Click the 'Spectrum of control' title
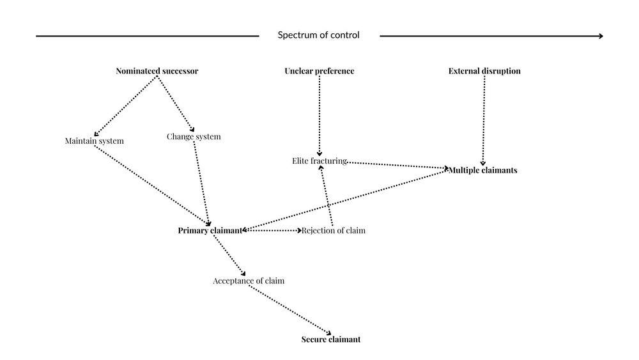click(x=318, y=35)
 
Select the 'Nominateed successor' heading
click(x=157, y=71)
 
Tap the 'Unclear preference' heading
click(x=319, y=71)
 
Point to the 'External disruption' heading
click(x=484, y=71)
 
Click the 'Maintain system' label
click(x=94, y=141)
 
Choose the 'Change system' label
click(x=194, y=136)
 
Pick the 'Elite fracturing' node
click(x=319, y=161)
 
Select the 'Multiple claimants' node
click(x=482, y=170)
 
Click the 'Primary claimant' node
click(x=210, y=230)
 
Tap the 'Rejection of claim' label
click(x=334, y=230)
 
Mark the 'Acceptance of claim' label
click(x=249, y=280)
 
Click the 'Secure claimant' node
click(x=330, y=340)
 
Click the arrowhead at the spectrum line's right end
click(x=599, y=36)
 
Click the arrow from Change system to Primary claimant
click(x=201, y=182)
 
